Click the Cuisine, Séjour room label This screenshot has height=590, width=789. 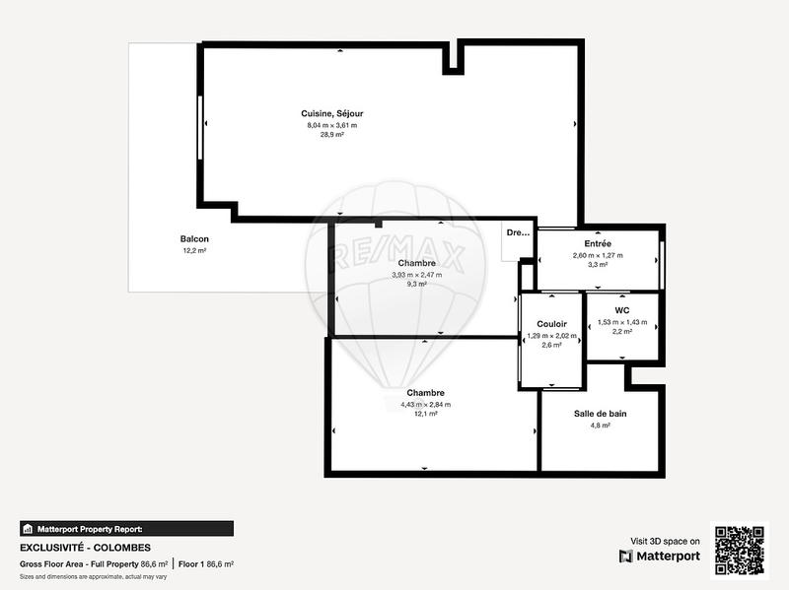click(x=331, y=114)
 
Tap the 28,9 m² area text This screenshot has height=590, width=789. click(x=331, y=135)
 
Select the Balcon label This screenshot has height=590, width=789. click(x=194, y=239)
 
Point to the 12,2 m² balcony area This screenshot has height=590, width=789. click(x=194, y=251)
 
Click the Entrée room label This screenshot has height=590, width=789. click(x=598, y=243)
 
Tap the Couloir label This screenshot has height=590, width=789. click(x=551, y=324)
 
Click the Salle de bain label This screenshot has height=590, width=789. click(x=600, y=414)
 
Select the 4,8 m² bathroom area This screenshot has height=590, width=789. click(x=600, y=426)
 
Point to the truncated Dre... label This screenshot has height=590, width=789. click(x=518, y=233)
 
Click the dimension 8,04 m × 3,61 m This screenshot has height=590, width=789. click(x=331, y=125)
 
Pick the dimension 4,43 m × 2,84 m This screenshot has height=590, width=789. click(x=425, y=404)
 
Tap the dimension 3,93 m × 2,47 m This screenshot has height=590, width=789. click(x=417, y=275)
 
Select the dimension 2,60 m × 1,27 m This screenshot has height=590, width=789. click(x=598, y=255)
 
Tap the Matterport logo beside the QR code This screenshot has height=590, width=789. click(x=660, y=557)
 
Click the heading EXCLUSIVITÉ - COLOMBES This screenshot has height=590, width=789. click(x=86, y=547)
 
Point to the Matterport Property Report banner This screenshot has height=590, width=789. click(x=126, y=528)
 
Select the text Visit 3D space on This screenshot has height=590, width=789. click(x=665, y=541)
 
